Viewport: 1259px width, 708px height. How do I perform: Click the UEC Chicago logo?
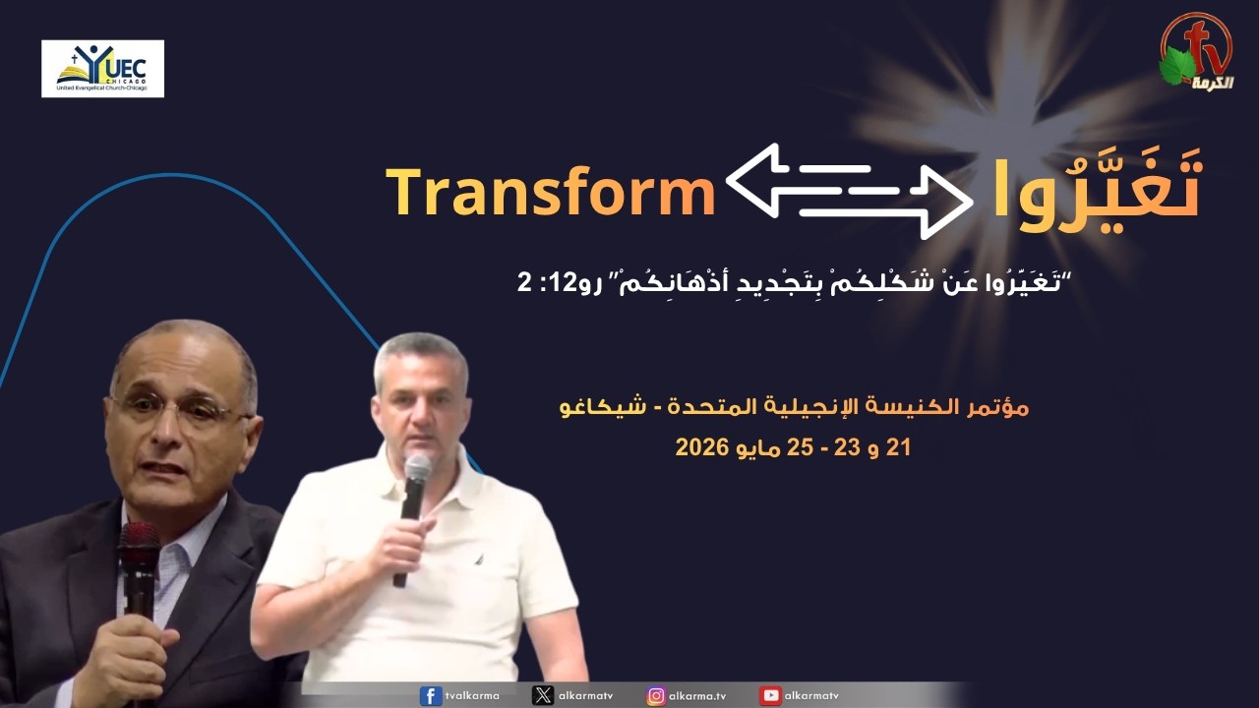(x=103, y=69)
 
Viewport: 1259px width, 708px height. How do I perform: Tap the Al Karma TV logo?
(x=1198, y=52)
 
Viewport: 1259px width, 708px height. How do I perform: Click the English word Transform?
(x=551, y=191)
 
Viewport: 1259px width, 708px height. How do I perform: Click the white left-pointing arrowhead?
(x=753, y=180)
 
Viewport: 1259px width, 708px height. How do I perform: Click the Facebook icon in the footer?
(x=431, y=695)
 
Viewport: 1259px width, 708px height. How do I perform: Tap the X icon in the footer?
(x=542, y=695)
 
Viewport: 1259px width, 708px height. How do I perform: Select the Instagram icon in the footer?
(x=656, y=695)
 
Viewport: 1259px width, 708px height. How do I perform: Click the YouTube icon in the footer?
(x=770, y=695)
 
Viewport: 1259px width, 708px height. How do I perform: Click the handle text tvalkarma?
(x=472, y=695)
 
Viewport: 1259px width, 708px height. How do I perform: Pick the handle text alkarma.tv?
(x=697, y=696)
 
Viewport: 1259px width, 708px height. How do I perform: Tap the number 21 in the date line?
(x=898, y=447)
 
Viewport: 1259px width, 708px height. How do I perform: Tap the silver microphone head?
(x=418, y=467)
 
